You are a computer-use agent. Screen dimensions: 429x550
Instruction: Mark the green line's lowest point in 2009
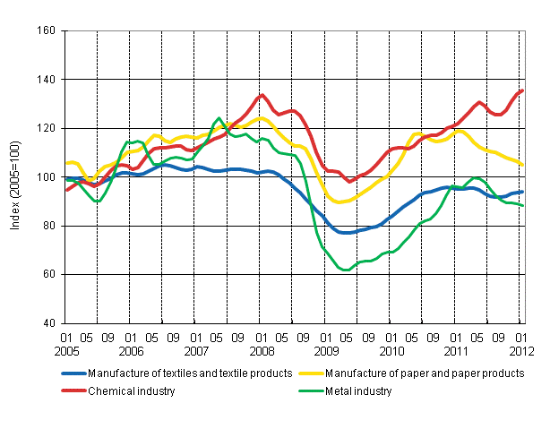(346, 270)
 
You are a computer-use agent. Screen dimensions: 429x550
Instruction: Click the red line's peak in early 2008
(261, 95)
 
